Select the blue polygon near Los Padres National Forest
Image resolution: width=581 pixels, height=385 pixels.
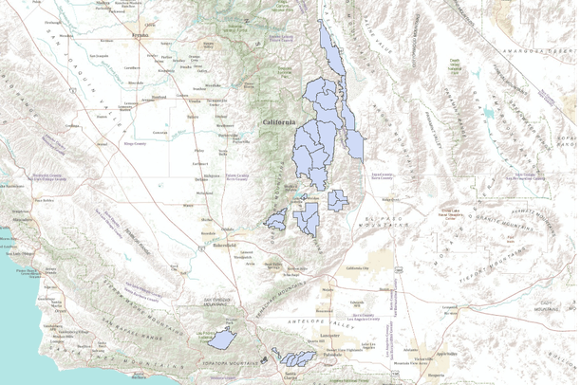point(222,339)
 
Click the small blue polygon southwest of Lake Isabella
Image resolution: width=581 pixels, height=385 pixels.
point(276,221)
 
